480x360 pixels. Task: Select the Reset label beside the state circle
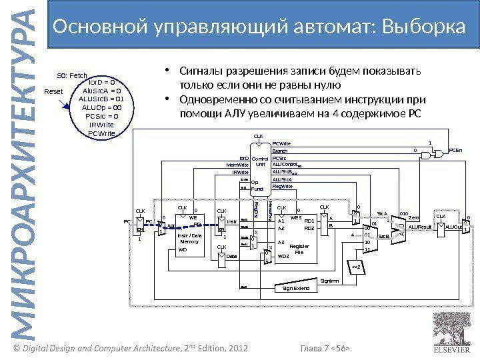tap(53, 91)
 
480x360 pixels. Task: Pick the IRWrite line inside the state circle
tap(101, 124)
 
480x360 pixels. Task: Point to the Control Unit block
tap(259, 161)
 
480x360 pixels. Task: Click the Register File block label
tap(299, 249)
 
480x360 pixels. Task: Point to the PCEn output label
tap(457, 151)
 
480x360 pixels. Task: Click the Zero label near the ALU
tap(413, 217)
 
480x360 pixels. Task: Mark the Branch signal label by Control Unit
tap(279, 151)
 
